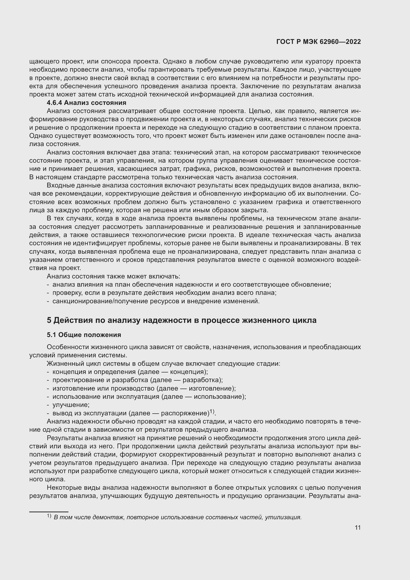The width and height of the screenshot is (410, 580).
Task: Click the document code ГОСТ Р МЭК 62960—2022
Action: (x=319, y=42)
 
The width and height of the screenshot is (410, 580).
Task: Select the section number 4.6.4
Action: (x=54, y=103)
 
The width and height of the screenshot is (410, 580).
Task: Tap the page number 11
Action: (x=357, y=527)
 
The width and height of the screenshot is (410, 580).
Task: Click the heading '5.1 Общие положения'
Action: (x=84, y=335)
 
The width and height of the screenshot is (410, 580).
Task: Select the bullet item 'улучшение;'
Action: (x=71, y=405)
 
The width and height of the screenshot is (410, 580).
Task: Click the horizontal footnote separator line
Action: (x=49, y=512)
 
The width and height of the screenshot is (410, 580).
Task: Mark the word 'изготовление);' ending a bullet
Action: (x=212, y=388)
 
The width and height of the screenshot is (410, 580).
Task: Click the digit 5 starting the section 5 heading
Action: (x=49, y=320)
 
